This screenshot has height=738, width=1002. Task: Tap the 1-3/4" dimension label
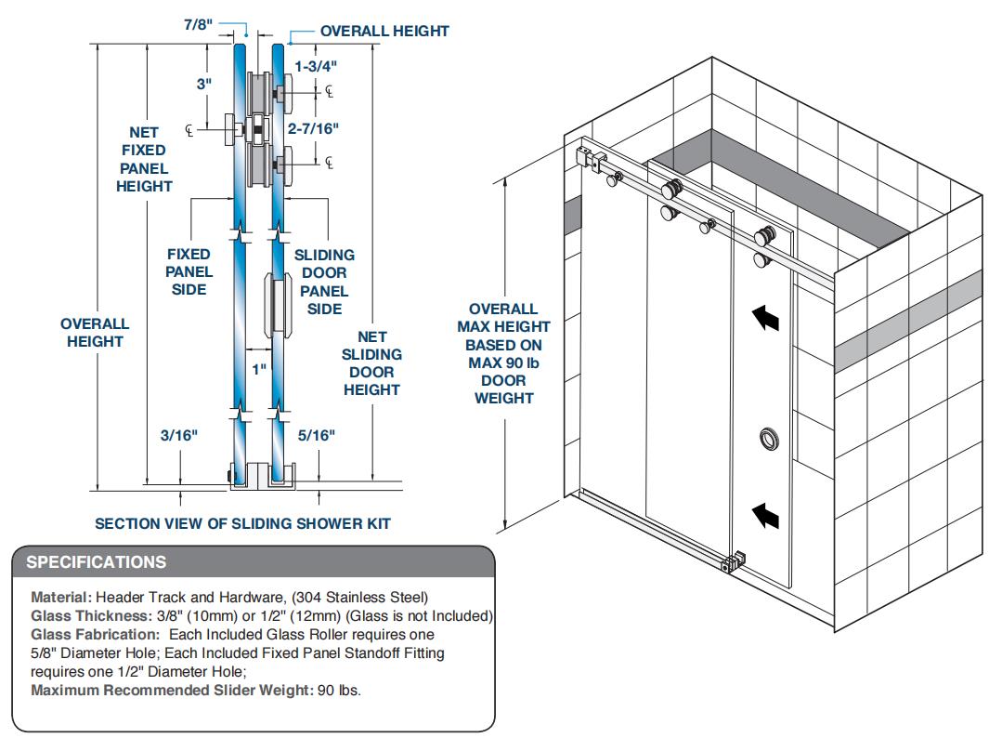click(x=316, y=65)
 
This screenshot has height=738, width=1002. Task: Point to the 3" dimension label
click(x=204, y=83)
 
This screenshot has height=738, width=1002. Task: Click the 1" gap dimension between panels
click(x=259, y=369)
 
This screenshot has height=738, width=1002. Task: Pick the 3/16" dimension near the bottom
click(x=179, y=434)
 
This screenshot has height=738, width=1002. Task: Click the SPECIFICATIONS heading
click(x=97, y=562)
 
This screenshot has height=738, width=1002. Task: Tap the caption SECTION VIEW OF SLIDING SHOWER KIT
click(x=243, y=523)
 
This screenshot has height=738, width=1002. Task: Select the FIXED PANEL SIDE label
click(x=189, y=271)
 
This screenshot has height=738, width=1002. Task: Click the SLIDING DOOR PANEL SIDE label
click(x=324, y=282)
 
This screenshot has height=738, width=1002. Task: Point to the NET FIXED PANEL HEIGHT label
click(x=144, y=159)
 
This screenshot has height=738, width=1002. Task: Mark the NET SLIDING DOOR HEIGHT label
click(x=371, y=362)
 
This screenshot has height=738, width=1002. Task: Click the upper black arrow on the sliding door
click(x=764, y=319)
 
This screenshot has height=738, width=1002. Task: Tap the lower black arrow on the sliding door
click(x=764, y=513)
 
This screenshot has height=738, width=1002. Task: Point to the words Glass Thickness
click(x=88, y=615)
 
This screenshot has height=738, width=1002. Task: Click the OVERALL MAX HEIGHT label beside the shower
click(x=503, y=353)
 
